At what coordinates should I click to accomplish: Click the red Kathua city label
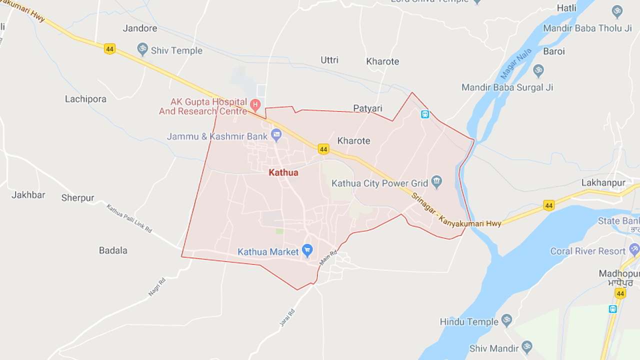pyautogui.click(x=283, y=173)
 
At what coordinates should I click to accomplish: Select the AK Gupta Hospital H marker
pyautogui.click(x=255, y=105)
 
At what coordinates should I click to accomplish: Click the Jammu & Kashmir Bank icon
pyautogui.click(x=276, y=134)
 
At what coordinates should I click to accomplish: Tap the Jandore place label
pyautogui.click(x=140, y=28)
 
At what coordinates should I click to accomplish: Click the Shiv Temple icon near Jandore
pyautogui.click(x=143, y=49)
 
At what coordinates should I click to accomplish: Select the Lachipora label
pyautogui.click(x=85, y=99)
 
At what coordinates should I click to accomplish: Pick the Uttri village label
pyautogui.click(x=329, y=60)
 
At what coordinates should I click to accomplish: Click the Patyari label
pyautogui.click(x=367, y=108)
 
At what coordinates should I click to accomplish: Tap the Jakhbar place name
pyautogui.click(x=28, y=195)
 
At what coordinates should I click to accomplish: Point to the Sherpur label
pyautogui.click(x=77, y=198)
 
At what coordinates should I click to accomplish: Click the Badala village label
pyautogui.click(x=113, y=250)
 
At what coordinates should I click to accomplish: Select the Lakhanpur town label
pyautogui.click(x=603, y=183)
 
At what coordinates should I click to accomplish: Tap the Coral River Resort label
pyautogui.click(x=588, y=251)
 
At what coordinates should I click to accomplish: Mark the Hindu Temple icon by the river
pyautogui.click(x=507, y=320)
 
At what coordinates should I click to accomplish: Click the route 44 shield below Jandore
pyautogui.click(x=110, y=49)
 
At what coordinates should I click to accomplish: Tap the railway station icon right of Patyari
pyautogui.click(x=425, y=114)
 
